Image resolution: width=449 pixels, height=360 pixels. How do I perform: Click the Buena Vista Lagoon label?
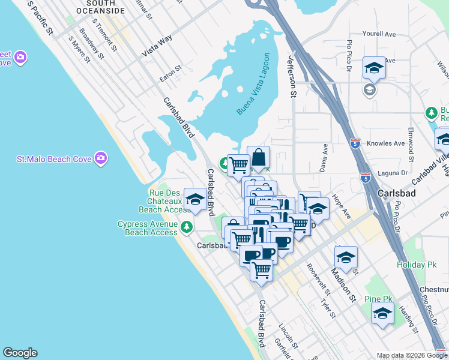pos(253,84)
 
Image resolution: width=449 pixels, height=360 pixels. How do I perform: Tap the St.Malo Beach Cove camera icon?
pos(101,158)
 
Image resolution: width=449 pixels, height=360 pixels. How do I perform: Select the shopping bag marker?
pos(258,158)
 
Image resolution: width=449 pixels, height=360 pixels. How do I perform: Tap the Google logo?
pos(20,353)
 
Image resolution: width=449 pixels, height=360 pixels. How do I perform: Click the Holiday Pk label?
pos(414,264)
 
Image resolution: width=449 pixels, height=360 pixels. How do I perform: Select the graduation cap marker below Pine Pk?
pos(383,313)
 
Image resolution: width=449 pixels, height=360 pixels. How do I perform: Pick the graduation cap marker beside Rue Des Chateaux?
pos(195,200)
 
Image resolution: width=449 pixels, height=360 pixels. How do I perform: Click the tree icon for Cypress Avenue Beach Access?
pos(187,227)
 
